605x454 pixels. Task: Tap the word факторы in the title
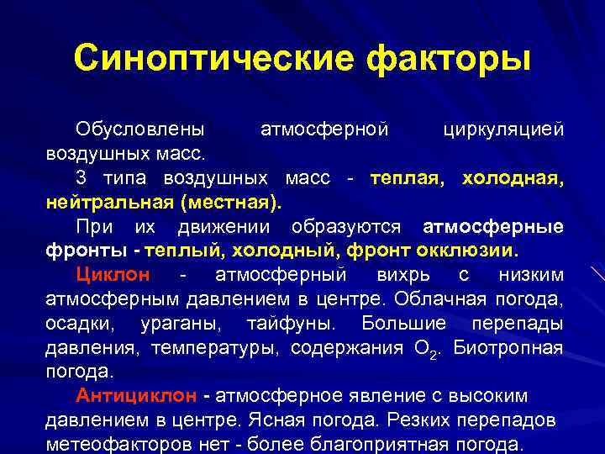tap(447, 59)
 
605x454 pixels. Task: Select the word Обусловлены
tap(139, 130)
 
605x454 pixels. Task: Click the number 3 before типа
tap(81, 178)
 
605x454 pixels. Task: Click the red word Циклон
tap(113, 275)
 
